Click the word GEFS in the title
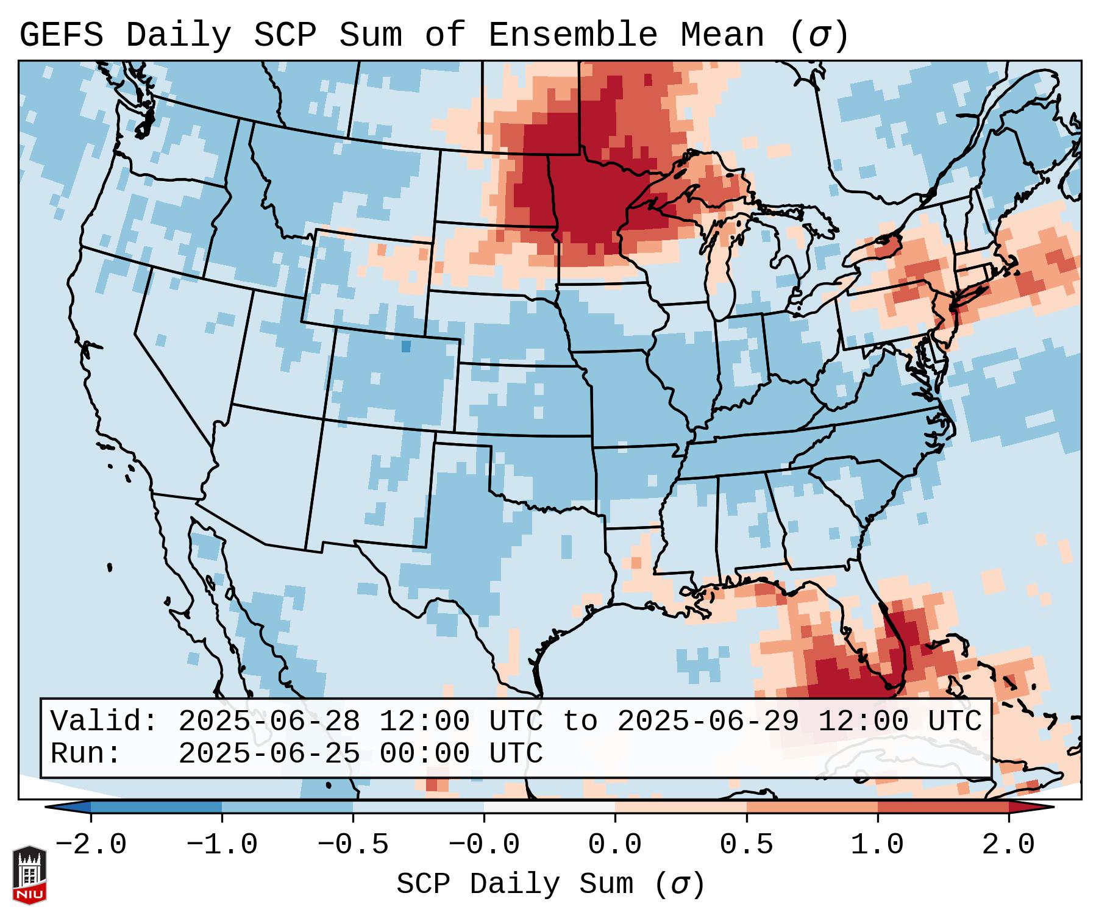61,35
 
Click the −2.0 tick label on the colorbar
91,845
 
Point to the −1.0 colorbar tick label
222,845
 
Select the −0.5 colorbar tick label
353,845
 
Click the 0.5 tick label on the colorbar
747,845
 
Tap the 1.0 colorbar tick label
878,845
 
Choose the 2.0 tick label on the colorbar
1009,845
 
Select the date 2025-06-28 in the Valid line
269,721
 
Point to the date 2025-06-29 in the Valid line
708,721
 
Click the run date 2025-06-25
269,753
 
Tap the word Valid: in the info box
104,721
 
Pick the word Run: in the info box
86,753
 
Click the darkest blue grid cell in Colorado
406,346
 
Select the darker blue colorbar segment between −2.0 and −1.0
156,807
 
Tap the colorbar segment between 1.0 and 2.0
943,807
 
